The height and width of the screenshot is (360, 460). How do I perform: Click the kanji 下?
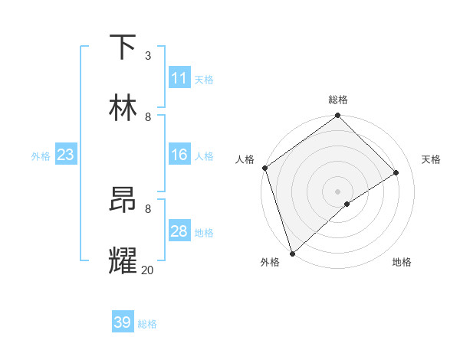pos(123,47)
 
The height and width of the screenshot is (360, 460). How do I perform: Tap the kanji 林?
pos(123,107)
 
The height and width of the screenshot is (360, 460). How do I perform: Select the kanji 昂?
pos(123,201)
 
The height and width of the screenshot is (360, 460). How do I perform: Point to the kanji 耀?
pos(123,260)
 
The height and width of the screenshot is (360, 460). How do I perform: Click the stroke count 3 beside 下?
pos(147,56)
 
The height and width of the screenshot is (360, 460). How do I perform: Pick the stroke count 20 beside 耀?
pos(147,270)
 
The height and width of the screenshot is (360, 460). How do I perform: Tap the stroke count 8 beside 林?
pos(148,116)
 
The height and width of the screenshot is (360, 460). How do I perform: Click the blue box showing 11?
pos(179,78)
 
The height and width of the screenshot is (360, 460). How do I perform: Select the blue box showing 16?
pos(179,155)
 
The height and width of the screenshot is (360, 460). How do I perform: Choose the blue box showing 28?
pos(179,231)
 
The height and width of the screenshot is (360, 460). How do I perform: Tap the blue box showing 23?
pos(66,155)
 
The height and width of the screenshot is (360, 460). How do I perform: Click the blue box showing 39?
pos(123,322)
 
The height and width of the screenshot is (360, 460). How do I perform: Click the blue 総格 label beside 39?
pos(148,324)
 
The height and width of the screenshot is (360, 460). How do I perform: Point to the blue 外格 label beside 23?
pos(41,156)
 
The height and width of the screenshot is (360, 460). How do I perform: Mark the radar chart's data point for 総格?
pos(337,116)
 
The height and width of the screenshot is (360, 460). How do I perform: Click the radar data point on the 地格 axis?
pos(347,204)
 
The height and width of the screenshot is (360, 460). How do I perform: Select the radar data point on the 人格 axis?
pos(264,168)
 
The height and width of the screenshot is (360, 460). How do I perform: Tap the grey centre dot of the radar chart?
pos(337,191)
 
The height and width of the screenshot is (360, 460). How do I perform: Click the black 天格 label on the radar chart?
pos(431,159)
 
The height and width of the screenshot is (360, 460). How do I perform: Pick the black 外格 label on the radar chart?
pos(270,262)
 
